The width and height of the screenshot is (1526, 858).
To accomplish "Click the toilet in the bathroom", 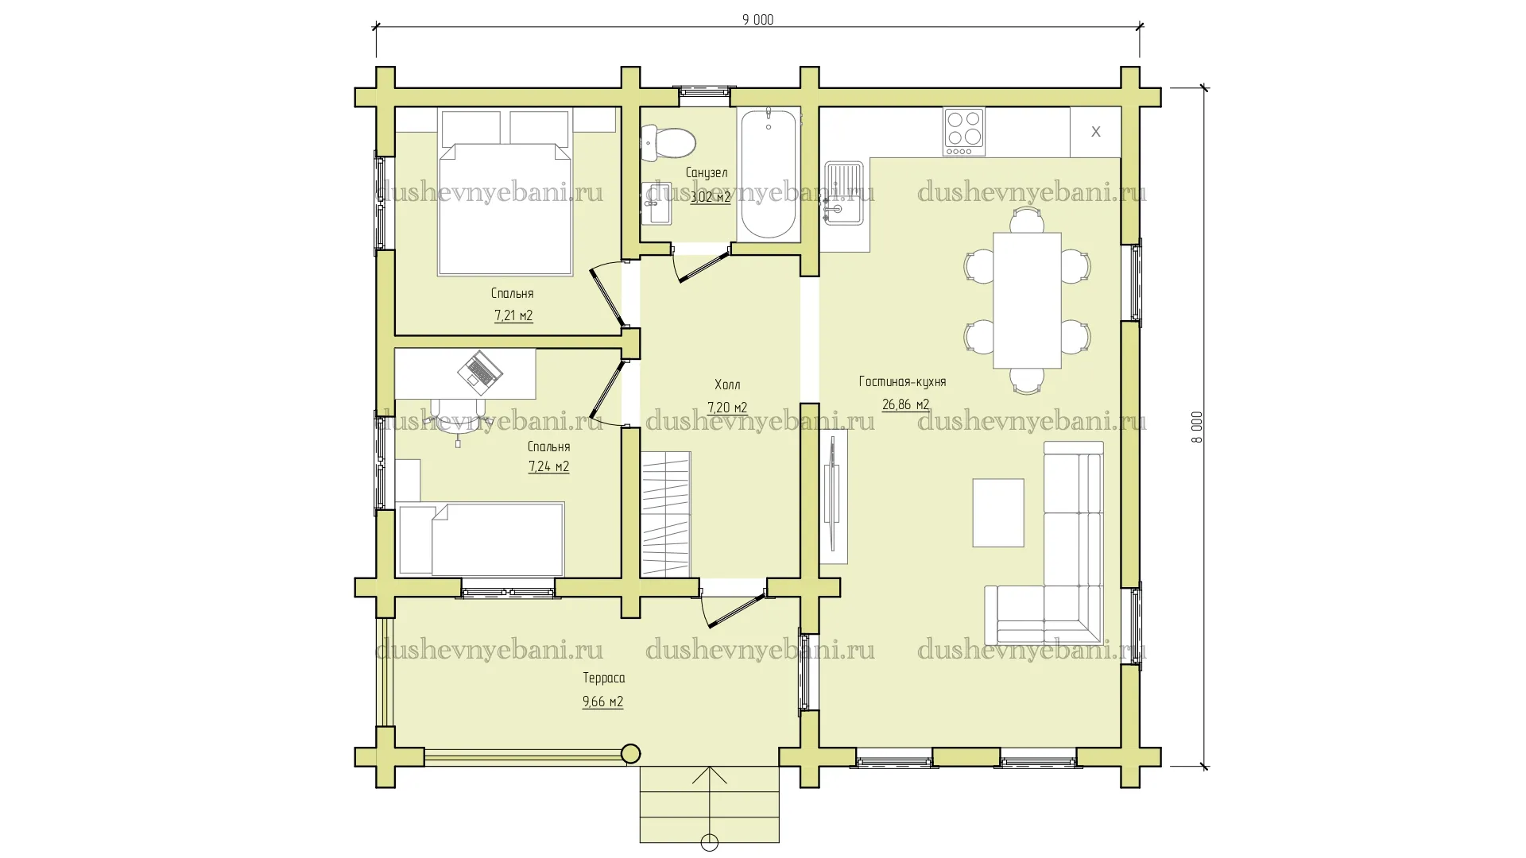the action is click(668, 143).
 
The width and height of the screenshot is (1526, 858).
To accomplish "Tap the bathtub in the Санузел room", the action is click(769, 175).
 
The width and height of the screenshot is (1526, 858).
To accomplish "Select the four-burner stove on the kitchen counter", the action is click(964, 131).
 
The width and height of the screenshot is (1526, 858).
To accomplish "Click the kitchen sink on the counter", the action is click(843, 193).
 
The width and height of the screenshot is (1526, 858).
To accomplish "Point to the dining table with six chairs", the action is click(1027, 300).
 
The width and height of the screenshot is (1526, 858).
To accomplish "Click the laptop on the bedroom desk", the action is click(480, 372).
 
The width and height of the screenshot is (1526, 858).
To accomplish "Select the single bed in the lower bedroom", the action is click(480, 539).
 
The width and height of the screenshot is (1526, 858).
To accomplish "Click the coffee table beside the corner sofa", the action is click(998, 512).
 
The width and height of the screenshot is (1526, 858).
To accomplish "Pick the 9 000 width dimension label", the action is click(757, 20).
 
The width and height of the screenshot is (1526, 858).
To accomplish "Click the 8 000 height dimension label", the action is click(1197, 427).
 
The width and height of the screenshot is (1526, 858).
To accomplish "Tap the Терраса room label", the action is click(604, 678).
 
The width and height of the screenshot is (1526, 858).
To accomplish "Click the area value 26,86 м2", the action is click(905, 404).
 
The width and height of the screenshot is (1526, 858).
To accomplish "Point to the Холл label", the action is click(727, 385).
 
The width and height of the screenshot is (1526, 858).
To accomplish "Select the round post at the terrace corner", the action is click(630, 753).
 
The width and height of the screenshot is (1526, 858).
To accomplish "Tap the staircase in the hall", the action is click(666, 513).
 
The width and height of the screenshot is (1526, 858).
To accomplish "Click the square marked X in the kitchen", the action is click(1095, 132).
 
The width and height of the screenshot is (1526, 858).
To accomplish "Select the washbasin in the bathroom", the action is click(656, 203).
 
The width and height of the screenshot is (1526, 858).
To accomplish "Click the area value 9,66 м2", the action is click(602, 701).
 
